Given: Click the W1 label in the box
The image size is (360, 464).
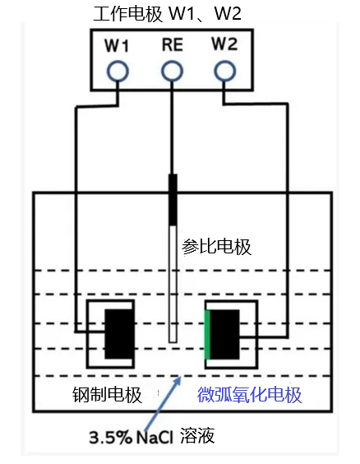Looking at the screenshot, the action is pos(117,46).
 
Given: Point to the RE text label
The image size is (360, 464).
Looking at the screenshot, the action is pos(173,45).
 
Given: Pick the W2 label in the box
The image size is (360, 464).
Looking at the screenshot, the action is pos(224,44).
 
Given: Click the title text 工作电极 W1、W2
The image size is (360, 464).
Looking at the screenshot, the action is pos(167,13).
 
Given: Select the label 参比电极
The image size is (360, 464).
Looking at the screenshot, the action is pos(216,247).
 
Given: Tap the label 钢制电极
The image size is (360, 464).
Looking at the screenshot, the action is pos(107,394).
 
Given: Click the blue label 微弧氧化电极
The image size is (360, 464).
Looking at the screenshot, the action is pos(250,394).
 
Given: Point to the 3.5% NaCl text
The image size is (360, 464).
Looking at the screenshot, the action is pos(131,438).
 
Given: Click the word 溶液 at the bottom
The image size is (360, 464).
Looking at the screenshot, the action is pos(197,435).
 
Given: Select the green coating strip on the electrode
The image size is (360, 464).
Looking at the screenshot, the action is pos(207,335).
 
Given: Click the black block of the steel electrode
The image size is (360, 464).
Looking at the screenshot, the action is pos(119,334).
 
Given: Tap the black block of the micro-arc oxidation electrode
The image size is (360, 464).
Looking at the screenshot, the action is pos(224,335).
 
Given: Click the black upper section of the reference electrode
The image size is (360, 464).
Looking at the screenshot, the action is pos(173,200).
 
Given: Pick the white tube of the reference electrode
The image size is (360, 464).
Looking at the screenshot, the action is pos(173,284).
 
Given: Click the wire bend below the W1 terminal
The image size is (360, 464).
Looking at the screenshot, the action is pos(118,104).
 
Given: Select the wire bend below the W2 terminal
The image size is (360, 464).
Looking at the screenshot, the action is pos(224,104).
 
